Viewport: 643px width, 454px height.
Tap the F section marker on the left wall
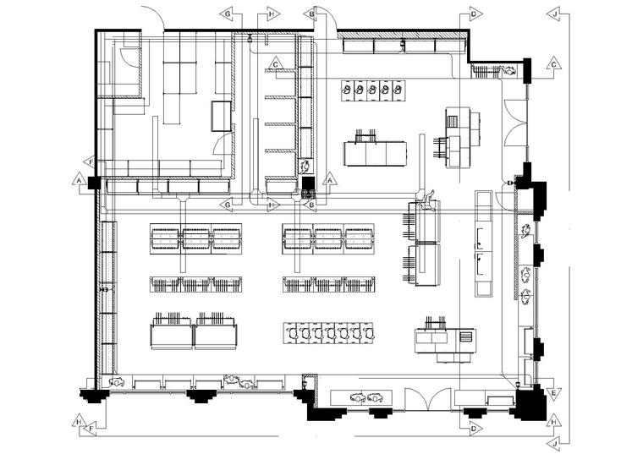point(91,162)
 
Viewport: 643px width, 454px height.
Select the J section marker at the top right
point(554,14)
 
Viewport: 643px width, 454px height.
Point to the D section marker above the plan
point(475,14)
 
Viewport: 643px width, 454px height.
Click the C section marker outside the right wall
point(553,64)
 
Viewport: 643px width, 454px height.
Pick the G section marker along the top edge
point(228,14)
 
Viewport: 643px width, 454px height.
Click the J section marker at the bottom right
point(554,444)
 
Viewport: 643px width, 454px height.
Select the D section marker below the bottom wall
point(475,429)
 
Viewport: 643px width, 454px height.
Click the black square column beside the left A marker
point(94,183)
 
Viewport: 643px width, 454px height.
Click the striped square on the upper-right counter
point(452,121)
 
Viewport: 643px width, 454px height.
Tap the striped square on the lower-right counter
point(466,337)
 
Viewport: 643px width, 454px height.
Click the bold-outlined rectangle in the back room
point(222,116)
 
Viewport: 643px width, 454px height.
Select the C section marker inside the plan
point(276,64)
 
